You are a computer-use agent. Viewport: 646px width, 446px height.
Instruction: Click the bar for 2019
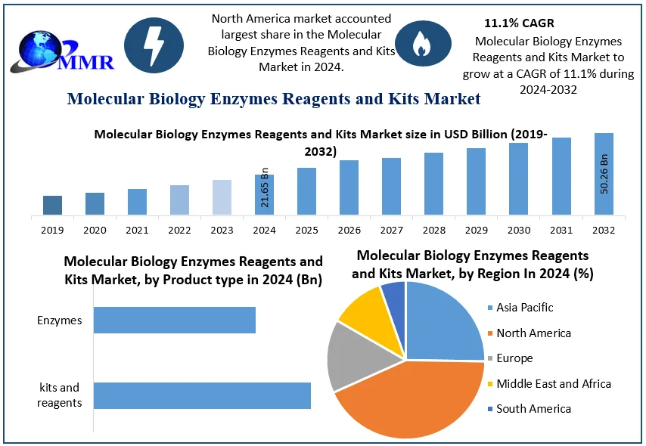(x=52, y=205)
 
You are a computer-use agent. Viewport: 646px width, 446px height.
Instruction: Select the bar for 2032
(x=604, y=174)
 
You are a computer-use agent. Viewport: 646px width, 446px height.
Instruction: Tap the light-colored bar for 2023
(x=222, y=197)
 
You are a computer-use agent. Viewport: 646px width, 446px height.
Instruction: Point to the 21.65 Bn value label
(x=265, y=187)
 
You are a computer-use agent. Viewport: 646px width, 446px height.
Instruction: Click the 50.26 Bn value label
(x=604, y=175)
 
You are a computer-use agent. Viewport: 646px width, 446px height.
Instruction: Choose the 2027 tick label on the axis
(x=391, y=229)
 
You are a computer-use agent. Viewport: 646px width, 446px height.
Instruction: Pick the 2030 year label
(x=518, y=229)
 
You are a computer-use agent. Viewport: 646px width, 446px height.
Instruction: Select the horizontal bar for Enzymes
(x=174, y=320)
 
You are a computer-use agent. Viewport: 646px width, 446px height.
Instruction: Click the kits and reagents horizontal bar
(x=202, y=395)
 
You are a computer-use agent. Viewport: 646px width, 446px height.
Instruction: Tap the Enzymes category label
(x=59, y=321)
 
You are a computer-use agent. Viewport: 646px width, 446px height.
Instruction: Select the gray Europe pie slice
(x=354, y=357)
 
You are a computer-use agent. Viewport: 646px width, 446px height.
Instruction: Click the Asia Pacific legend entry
(x=524, y=307)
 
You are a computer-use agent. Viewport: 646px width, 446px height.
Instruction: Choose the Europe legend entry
(x=514, y=358)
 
